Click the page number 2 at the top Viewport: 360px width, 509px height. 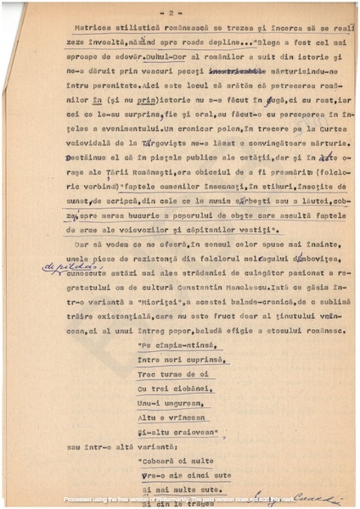[171, 14]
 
